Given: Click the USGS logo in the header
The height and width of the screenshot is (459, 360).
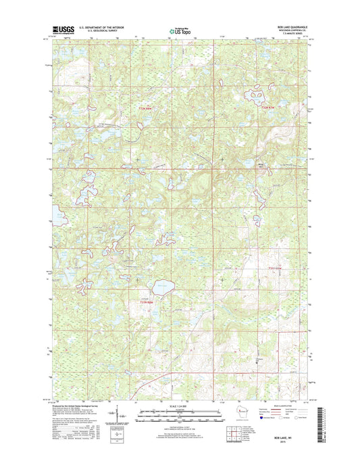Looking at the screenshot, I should [x=62, y=30].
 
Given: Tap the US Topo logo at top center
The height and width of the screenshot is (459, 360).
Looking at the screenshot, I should [x=180, y=30].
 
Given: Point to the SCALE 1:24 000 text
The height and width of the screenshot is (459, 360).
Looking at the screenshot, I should [x=180, y=406].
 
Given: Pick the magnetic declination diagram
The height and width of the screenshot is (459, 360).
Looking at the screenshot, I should [x=120, y=413].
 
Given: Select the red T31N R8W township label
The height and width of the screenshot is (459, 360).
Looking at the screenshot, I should [x=147, y=301].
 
